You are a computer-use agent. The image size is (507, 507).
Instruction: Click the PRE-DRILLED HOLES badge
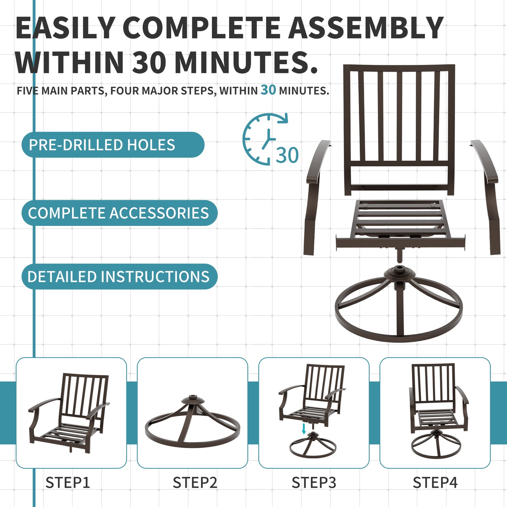(112, 145)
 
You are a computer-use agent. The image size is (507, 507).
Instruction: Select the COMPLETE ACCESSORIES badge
(119, 213)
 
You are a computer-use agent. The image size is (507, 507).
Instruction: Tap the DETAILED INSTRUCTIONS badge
(119, 276)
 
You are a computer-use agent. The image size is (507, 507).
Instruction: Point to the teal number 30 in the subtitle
(268, 90)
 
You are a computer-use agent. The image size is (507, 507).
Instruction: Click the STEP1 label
(68, 483)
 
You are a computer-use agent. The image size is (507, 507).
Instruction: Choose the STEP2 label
(195, 483)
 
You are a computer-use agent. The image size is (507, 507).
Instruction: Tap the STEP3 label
(314, 483)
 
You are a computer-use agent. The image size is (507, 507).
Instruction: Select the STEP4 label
(435, 483)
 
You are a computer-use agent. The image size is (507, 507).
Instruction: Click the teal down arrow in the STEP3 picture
(304, 428)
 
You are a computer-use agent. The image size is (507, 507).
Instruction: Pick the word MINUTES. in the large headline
(246, 62)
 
